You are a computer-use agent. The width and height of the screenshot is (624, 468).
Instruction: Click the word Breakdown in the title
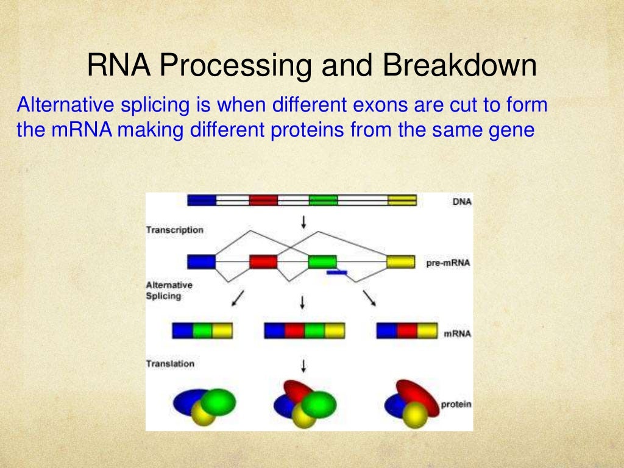459,66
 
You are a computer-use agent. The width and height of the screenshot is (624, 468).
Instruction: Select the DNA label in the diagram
462,202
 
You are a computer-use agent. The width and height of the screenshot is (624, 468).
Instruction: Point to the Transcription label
174,230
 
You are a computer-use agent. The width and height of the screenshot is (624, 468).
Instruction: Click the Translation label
170,364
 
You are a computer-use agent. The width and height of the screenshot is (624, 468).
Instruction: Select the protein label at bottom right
457,403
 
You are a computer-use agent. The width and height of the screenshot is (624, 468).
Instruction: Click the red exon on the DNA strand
263,200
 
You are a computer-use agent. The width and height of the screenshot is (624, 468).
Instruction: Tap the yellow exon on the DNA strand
402,200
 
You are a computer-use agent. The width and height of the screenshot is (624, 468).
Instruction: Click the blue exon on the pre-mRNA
201,262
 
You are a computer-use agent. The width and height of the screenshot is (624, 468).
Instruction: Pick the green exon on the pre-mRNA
322,262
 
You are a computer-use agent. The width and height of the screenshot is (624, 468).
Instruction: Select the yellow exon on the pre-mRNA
400,262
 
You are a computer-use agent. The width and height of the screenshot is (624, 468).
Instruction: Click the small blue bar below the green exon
337,273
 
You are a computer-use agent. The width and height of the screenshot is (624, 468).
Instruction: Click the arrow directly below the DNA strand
303,222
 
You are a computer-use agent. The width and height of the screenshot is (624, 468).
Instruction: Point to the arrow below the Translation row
303,366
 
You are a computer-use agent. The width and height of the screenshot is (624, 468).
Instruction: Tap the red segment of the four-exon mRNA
294,331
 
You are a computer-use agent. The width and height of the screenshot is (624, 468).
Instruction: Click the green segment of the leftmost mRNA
203,331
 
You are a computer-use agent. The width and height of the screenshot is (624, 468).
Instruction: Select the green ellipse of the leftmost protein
218,402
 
